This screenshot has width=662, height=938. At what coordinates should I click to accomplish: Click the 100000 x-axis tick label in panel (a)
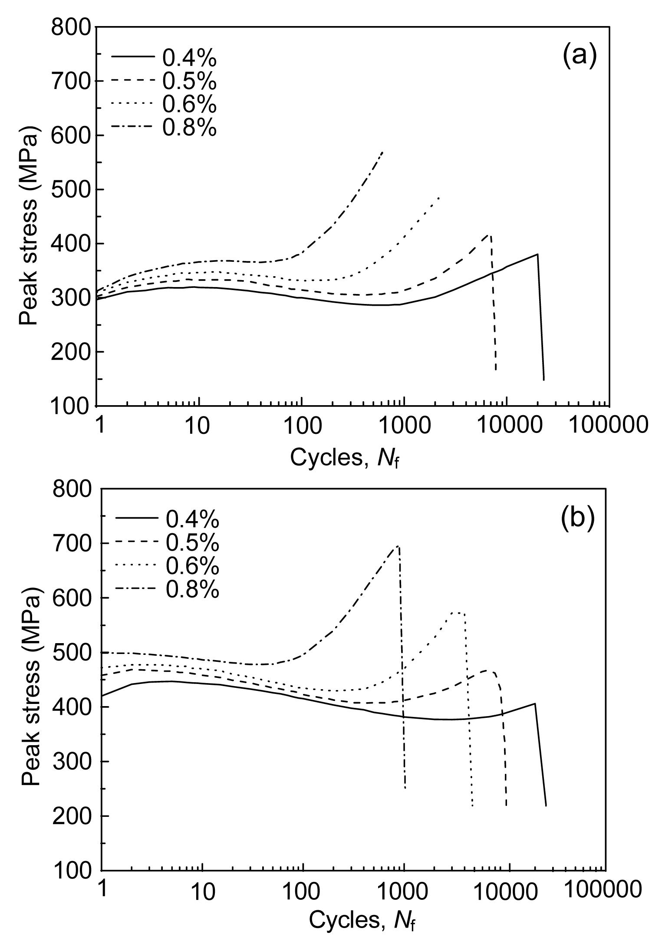pyautogui.click(x=609, y=426)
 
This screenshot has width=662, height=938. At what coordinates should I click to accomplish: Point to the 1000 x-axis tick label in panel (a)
pyautogui.click(x=404, y=426)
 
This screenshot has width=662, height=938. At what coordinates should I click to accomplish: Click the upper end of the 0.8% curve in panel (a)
pyautogui.click(x=382, y=152)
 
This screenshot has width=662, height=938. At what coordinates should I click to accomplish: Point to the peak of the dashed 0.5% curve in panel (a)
pyautogui.click(x=490, y=235)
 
